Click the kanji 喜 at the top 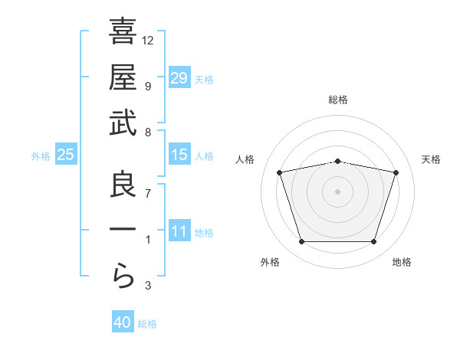click(123, 33)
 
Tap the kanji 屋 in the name click(123, 78)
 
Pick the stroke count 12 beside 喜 click(148, 40)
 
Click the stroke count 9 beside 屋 click(147, 86)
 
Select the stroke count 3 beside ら click(147, 286)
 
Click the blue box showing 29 click(179, 77)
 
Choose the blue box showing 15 click(179, 155)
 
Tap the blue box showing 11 click(179, 231)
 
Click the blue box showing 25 click(66, 155)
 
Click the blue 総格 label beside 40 click(147, 324)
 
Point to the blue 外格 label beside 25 click(41, 156)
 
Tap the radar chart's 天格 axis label click(432, 159)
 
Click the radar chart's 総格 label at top click(338, 100)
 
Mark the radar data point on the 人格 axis click(279, 172)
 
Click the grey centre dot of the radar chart click(337, 191)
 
